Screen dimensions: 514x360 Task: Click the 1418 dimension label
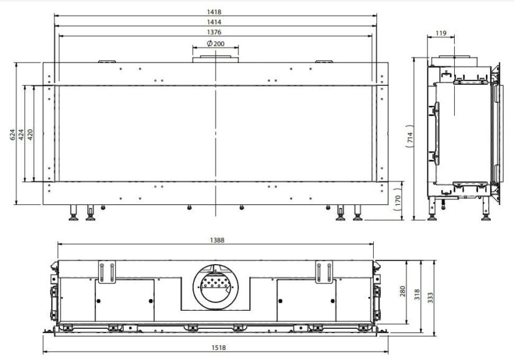(214, 12)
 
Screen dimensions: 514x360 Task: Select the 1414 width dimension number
(214, 22)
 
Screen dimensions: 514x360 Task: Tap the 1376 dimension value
(214, 32)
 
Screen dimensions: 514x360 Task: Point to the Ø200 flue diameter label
(216, 43)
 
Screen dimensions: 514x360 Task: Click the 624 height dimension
(12, 135)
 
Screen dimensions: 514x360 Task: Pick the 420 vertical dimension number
(30, 135)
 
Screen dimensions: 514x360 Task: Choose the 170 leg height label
(398, 200)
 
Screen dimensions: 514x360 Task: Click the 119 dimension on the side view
(441, 33)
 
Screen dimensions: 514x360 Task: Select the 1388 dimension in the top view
(217, 240)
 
